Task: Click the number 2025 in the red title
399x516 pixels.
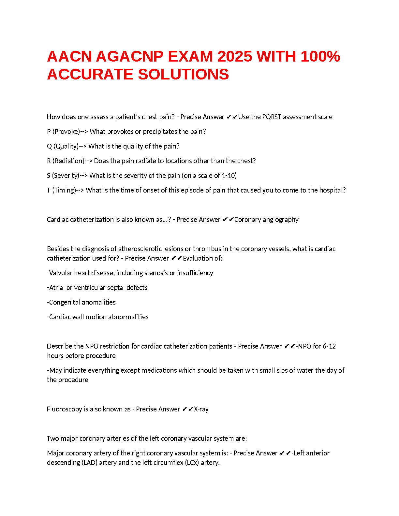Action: coord(235,56)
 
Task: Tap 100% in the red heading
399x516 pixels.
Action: coord(320,56)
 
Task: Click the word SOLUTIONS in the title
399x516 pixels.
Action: coord(184,74)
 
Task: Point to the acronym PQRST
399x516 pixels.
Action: coord(272,117)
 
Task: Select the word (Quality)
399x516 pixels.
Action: coord(66,146)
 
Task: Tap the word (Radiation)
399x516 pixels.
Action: coord(68,161)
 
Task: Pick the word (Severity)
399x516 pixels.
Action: coord(66,176)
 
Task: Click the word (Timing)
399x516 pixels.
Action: coord(64,190)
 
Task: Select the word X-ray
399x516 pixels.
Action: coord(201,409)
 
